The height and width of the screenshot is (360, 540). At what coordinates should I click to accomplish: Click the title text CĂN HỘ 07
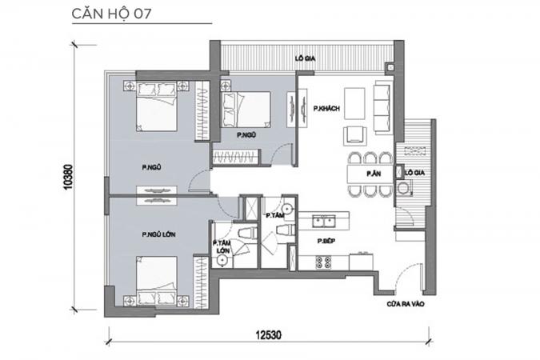[111, 14]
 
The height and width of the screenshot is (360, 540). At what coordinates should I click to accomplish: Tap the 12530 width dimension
[268, 334]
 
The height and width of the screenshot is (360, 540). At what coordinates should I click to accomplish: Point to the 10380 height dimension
[68, 177]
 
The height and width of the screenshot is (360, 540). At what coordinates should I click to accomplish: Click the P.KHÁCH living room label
[326, 109]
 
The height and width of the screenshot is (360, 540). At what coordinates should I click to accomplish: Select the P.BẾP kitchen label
[326, 241]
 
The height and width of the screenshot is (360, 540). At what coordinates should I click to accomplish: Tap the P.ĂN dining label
[374, 174]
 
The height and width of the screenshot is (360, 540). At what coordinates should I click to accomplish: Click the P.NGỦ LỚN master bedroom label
[158, 234]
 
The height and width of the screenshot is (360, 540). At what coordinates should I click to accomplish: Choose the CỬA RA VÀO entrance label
[406, 304]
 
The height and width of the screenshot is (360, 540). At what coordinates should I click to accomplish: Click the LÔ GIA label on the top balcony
[305, 58]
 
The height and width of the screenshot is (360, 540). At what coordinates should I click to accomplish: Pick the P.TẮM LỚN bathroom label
[222, 246]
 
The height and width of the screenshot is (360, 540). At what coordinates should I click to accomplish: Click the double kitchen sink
[324, 221]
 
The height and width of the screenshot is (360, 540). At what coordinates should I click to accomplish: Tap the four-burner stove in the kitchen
[324, 262]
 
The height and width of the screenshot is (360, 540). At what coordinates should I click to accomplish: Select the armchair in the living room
[355, 135]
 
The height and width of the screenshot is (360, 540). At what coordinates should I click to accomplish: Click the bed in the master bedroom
[157, 281]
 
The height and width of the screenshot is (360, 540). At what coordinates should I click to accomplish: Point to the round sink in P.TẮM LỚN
[223, 261]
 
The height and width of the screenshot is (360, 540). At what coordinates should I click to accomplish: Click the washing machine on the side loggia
[404, 189]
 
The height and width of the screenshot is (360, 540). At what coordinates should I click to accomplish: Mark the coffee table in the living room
[354, 104]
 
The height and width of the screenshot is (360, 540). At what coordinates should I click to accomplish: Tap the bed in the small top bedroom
[246, 110]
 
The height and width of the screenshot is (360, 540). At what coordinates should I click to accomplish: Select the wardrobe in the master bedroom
[201, 282]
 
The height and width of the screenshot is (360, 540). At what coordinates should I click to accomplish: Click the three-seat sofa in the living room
[383, 107]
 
